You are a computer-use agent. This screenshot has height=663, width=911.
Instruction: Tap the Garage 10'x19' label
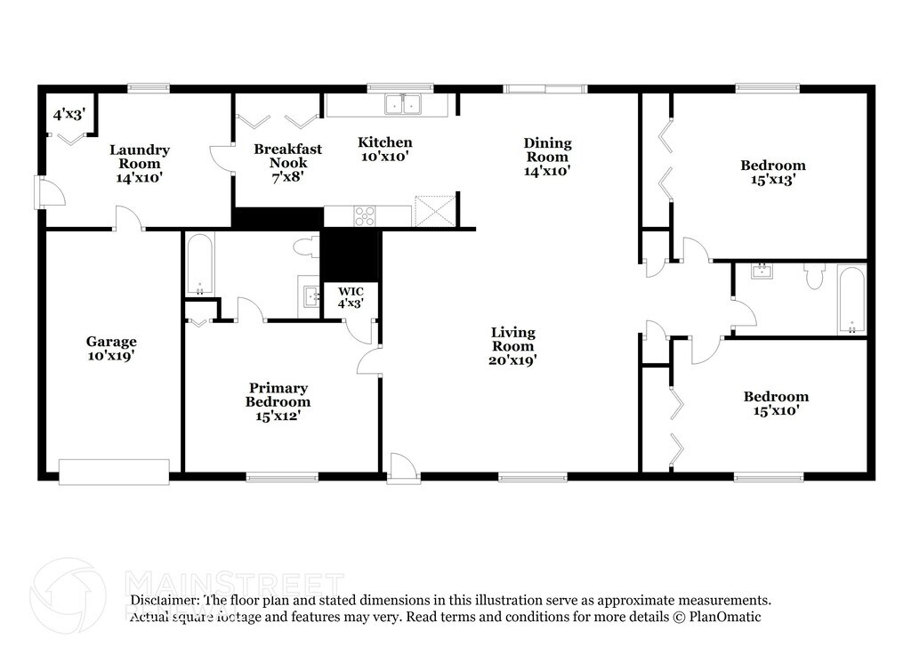111,348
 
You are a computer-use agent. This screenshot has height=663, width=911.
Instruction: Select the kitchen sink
403,105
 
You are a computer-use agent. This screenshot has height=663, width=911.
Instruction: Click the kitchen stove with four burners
365,216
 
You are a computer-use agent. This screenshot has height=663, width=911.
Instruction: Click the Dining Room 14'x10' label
547,156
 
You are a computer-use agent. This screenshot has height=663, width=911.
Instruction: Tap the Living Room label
513,346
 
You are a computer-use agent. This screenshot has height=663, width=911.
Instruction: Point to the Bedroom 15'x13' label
773,172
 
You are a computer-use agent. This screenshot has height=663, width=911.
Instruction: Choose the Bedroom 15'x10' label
776,403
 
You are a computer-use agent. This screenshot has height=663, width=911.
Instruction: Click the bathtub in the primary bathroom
198,263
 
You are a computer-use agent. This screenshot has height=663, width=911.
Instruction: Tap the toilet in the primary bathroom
305,247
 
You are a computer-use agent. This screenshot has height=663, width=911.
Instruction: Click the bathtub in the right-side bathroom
851,301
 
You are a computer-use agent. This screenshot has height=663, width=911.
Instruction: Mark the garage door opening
114,472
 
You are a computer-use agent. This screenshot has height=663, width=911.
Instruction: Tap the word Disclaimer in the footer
165,601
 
